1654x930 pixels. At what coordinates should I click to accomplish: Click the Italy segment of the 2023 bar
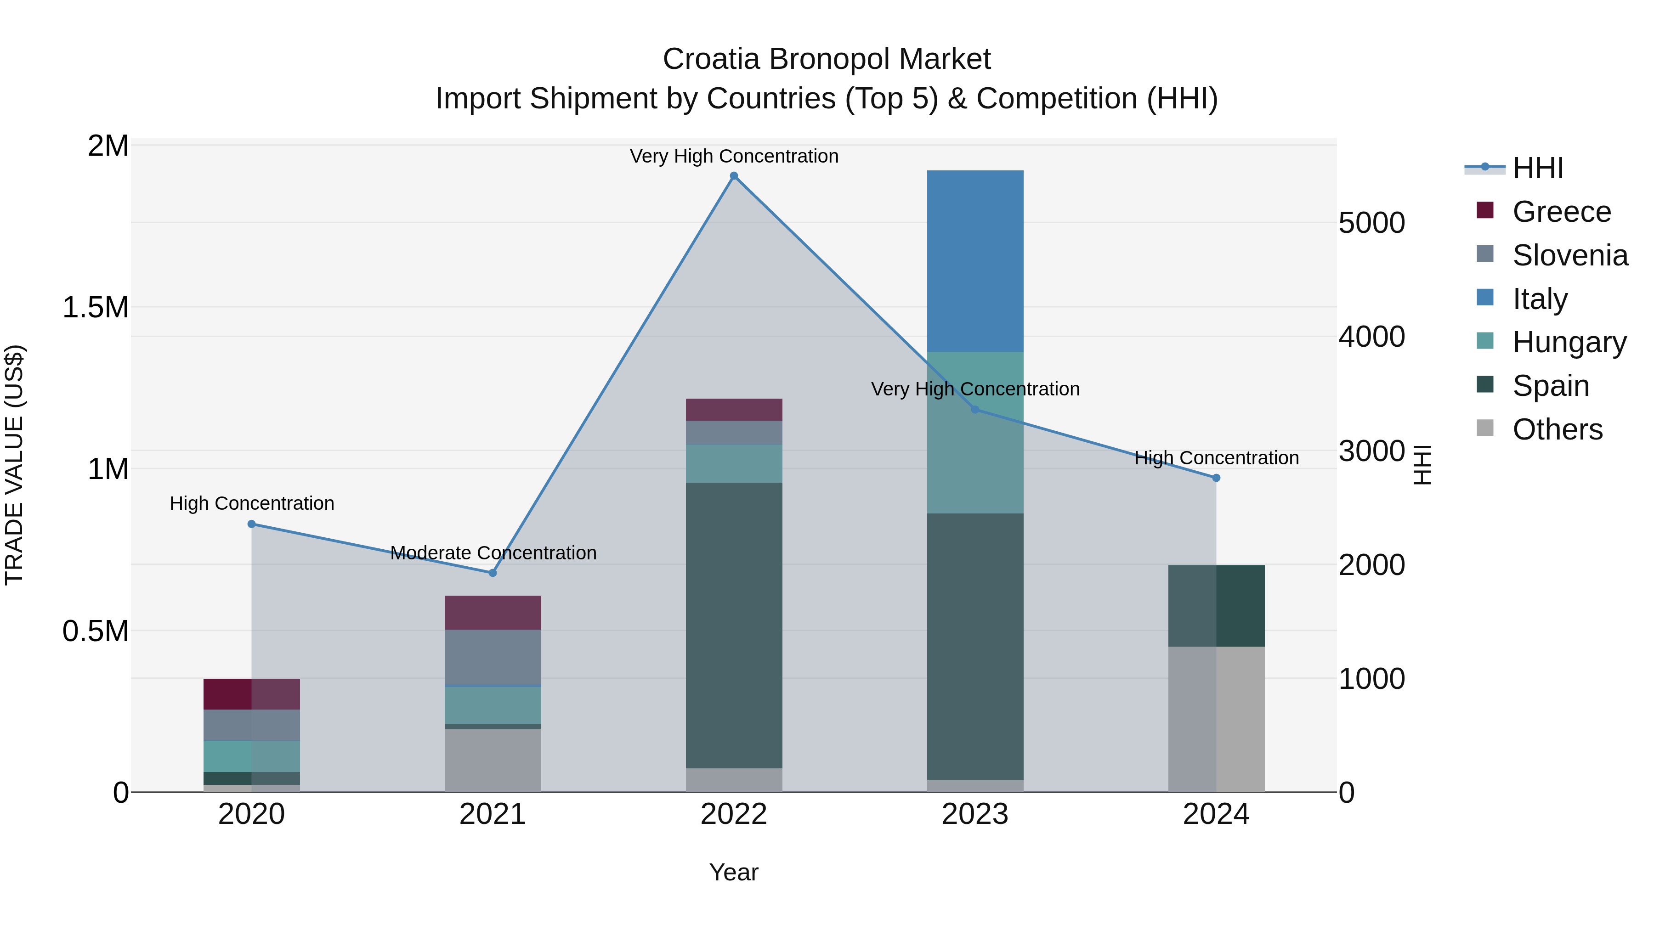[974, 260]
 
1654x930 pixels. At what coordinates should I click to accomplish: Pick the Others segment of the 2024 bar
[1216, 718]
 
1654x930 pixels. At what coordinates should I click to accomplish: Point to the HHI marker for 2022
[734, 176]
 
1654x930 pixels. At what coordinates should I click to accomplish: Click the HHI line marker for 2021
[493, 573]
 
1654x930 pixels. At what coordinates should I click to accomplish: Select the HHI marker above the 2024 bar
[1216, 478]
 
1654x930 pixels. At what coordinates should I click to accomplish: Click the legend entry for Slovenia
[1569, 255]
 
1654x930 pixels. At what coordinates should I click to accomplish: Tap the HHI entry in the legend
[1537, 168]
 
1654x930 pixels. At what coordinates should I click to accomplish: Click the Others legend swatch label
[1557, 429]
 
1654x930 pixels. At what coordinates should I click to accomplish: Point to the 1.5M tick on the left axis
[95, 307]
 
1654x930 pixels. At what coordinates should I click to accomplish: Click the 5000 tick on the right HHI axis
[1371, 223]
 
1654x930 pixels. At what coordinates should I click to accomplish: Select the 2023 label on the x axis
[974, 814]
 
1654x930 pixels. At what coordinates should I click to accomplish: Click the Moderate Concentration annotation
[493, 552]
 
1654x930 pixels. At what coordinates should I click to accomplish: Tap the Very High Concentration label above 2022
[734, 156]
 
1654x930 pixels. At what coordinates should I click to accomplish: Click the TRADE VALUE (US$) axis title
[15, 465]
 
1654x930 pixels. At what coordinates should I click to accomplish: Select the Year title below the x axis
[733, 872]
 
